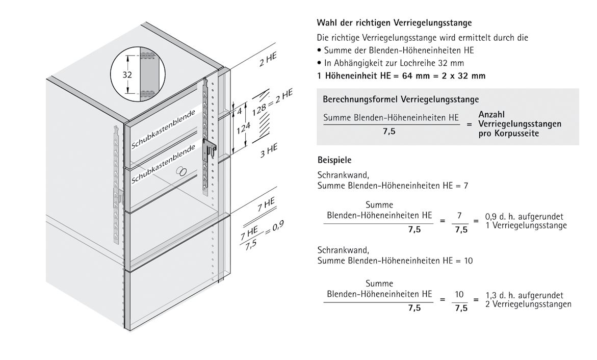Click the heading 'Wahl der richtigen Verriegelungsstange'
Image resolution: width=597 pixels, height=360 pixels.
(394, 23)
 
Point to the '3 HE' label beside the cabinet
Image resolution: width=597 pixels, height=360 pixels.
(268, 151)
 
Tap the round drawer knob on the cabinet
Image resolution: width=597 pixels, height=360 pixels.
(181, 172)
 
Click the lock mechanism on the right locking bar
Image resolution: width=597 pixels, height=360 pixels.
(211, 149)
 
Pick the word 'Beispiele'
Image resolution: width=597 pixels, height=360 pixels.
(334, 160)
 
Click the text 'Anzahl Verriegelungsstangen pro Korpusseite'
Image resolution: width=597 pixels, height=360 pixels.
(520, 124)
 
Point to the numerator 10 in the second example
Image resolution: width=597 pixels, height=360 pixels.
(459, 294)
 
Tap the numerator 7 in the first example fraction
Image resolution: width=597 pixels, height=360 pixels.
(459, 216)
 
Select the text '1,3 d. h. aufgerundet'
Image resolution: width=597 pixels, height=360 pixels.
(524, 295)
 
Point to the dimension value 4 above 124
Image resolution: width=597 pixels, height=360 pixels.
(238, 110)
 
